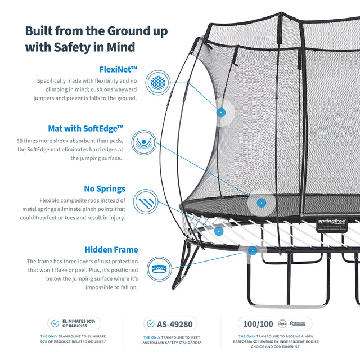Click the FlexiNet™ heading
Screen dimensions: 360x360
(118, 70)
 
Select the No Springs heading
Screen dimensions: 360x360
(104, 189)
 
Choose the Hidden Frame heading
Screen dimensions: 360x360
(111, 249)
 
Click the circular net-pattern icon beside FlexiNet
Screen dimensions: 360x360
(157, 84)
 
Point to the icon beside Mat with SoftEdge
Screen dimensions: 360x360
(143, 142)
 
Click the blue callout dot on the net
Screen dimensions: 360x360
(221, 112)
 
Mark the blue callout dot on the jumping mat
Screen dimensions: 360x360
(260, 202)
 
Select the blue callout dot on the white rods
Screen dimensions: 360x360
(219, 231)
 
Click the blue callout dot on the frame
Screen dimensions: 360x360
(253, 250)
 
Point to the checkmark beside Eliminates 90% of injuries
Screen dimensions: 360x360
(55, 323)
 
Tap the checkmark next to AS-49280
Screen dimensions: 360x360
(150, 323)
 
